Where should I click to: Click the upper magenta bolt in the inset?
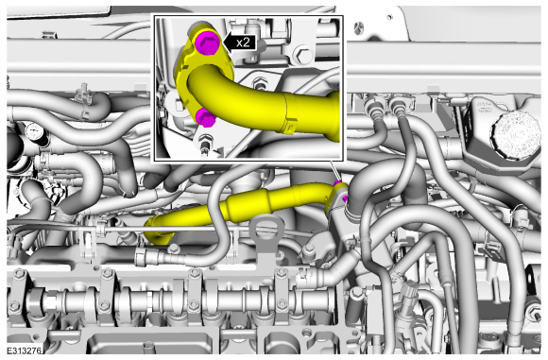[207, 43]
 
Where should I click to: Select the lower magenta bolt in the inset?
[206, 117]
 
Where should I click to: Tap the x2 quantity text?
[243, 43]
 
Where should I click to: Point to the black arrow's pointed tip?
[222, 43]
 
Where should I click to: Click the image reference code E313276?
[24, 351]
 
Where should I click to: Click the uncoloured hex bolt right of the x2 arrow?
[302, 55]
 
